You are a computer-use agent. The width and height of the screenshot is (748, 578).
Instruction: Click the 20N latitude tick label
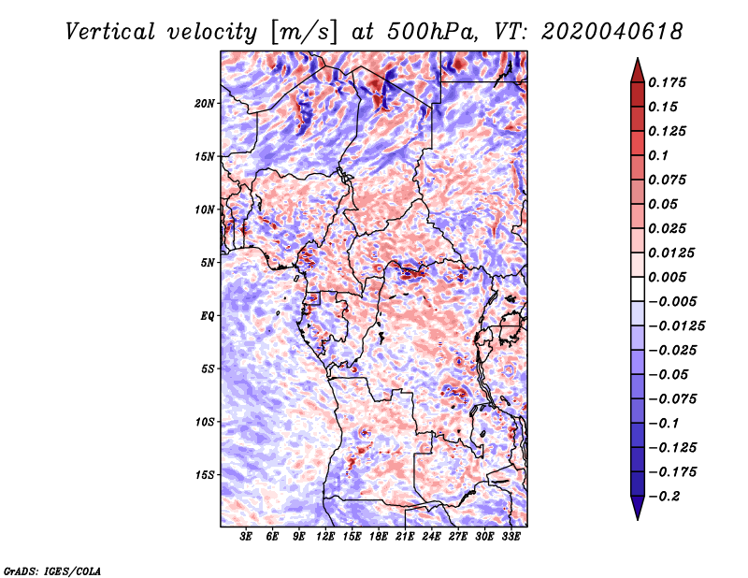pos(205,103)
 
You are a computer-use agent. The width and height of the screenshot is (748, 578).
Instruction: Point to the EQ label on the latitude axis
pos(208,315)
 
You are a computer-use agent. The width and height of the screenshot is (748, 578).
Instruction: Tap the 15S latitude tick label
pos(205,475)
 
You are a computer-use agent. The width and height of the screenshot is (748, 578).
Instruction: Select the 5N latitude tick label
pos(208,263)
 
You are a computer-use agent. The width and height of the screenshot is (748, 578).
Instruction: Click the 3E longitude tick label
pos(247,538)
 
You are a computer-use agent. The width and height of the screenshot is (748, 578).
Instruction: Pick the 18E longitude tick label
pos(379,538)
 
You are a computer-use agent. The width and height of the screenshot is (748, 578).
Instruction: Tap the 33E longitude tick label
pos(511,538)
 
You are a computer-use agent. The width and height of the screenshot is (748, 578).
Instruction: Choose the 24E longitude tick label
pos(432,538)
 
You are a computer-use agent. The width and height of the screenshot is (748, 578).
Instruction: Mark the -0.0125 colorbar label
pos(678,325)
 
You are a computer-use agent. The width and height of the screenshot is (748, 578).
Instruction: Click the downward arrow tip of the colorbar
pos(636,517)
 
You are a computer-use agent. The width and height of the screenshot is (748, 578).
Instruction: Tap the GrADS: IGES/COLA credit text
pos(52,570)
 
